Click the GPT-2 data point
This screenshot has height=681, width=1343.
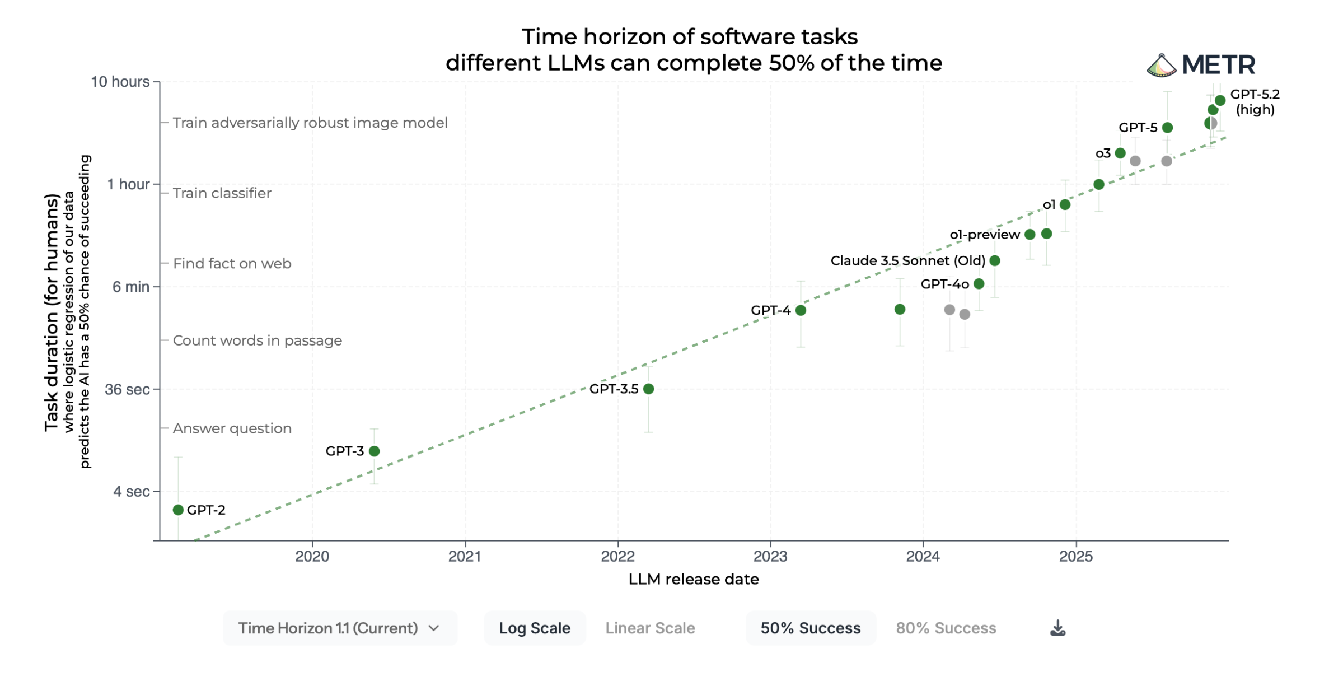point(178,510)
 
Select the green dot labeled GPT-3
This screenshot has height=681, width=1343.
point(375,451)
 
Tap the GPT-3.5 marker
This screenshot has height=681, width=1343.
point(648,389)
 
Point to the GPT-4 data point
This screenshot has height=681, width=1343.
point(801,310)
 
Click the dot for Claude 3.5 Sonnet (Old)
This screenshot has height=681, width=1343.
point(995,260)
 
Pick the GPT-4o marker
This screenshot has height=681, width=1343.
point(979,284)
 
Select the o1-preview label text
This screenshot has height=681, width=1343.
point(984,235)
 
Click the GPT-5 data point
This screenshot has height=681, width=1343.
point(1167,128)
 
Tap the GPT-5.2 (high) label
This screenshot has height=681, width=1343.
point(1255,102)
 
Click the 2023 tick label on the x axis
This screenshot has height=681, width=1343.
point(770,556)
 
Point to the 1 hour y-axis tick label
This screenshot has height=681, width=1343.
point(128,184)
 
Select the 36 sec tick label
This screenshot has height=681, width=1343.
point(127,389)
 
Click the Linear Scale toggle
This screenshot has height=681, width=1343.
point(650,628)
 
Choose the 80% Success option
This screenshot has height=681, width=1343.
point(946,628)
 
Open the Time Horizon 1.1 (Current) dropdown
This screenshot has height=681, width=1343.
point(339,628)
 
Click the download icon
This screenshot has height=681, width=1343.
point(1057,628)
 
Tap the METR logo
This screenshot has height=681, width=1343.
point(1201,65)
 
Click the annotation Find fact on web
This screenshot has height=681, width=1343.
point(232,263)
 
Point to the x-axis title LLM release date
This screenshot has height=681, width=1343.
point(693,579)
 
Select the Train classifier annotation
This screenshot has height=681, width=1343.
point(222,193)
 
